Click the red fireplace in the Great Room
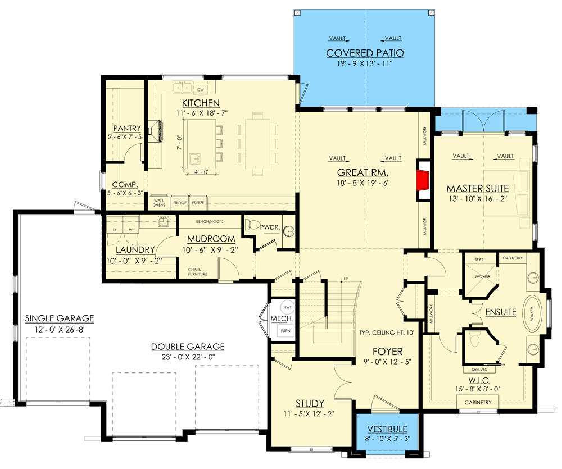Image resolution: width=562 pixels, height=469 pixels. (423, 180)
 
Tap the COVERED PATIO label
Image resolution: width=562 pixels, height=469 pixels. (365, 53)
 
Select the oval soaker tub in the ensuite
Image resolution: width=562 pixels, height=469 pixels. (532, 313)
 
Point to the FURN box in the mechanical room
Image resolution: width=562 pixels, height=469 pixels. (285, 331)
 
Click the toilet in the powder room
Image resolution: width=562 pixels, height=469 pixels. (253, 226)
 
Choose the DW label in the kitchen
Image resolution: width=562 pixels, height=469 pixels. (201, 89)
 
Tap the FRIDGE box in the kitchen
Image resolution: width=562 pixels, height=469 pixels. (179, 202)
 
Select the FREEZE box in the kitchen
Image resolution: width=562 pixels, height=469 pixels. (198, 202)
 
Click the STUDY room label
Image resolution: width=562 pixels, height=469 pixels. (310, 403)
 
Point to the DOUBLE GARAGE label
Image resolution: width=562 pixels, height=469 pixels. (188, 347)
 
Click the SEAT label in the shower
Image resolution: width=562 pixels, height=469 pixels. (479, 259)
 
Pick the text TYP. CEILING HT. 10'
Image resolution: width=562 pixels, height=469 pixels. (387, 333)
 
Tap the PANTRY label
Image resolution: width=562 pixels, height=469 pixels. (127, 128)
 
